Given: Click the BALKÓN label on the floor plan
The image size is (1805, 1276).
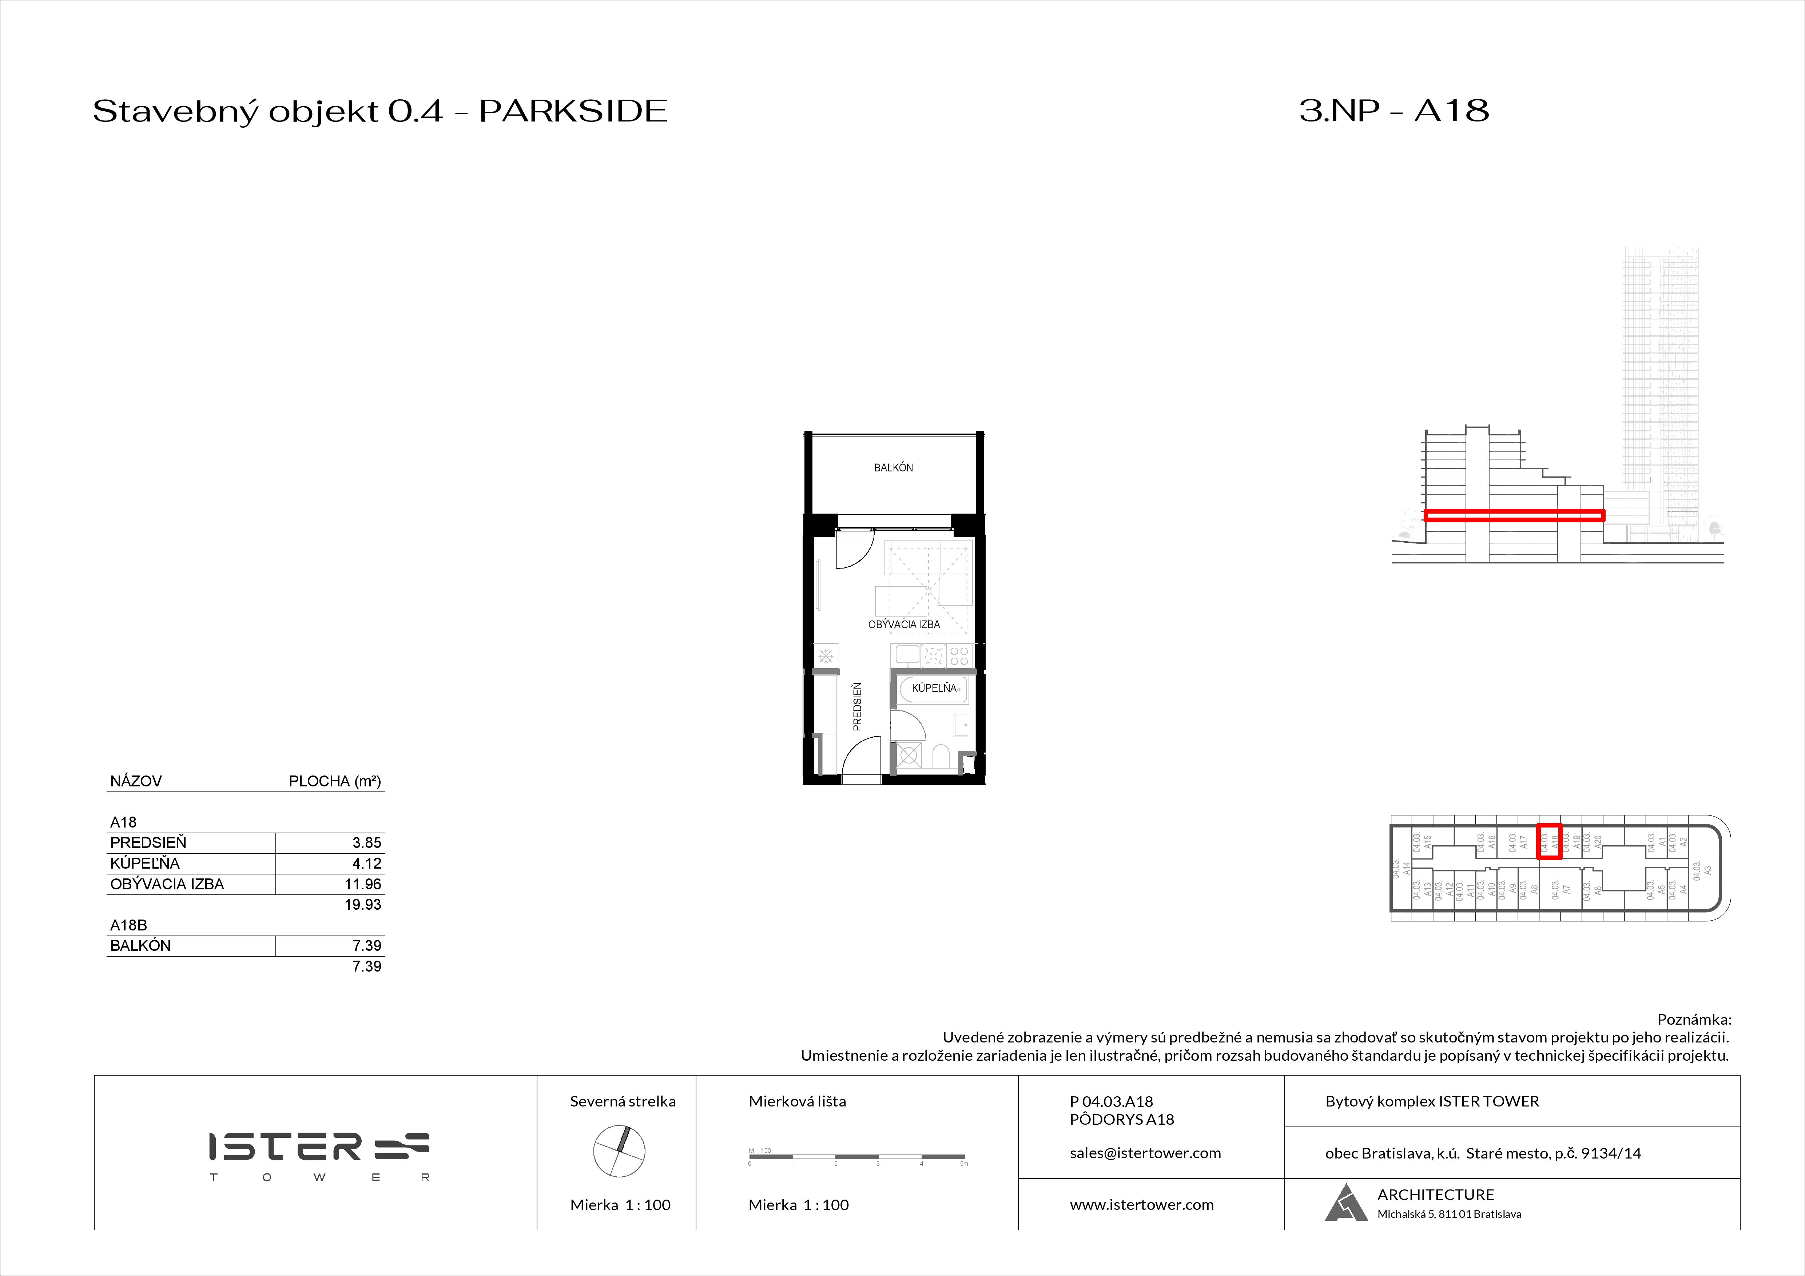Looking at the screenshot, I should pyautogui.click(x=893, y=467).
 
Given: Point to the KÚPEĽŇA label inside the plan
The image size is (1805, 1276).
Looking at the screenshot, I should pyautogui.click(x=934, y=688).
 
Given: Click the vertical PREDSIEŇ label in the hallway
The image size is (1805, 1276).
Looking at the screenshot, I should pyautogui.click(x=858, y=706).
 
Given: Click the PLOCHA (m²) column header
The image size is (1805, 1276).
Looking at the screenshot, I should pyautogui.click(x=335, y=781).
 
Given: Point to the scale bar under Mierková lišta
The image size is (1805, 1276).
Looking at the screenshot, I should pyautogui.click(x=857, y=1157).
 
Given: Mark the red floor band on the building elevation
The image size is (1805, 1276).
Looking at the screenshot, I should pyautogui.click(x=1514, y=515).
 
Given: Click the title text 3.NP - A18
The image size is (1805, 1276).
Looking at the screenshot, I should pyautogui.click(x=1394, y=111).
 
